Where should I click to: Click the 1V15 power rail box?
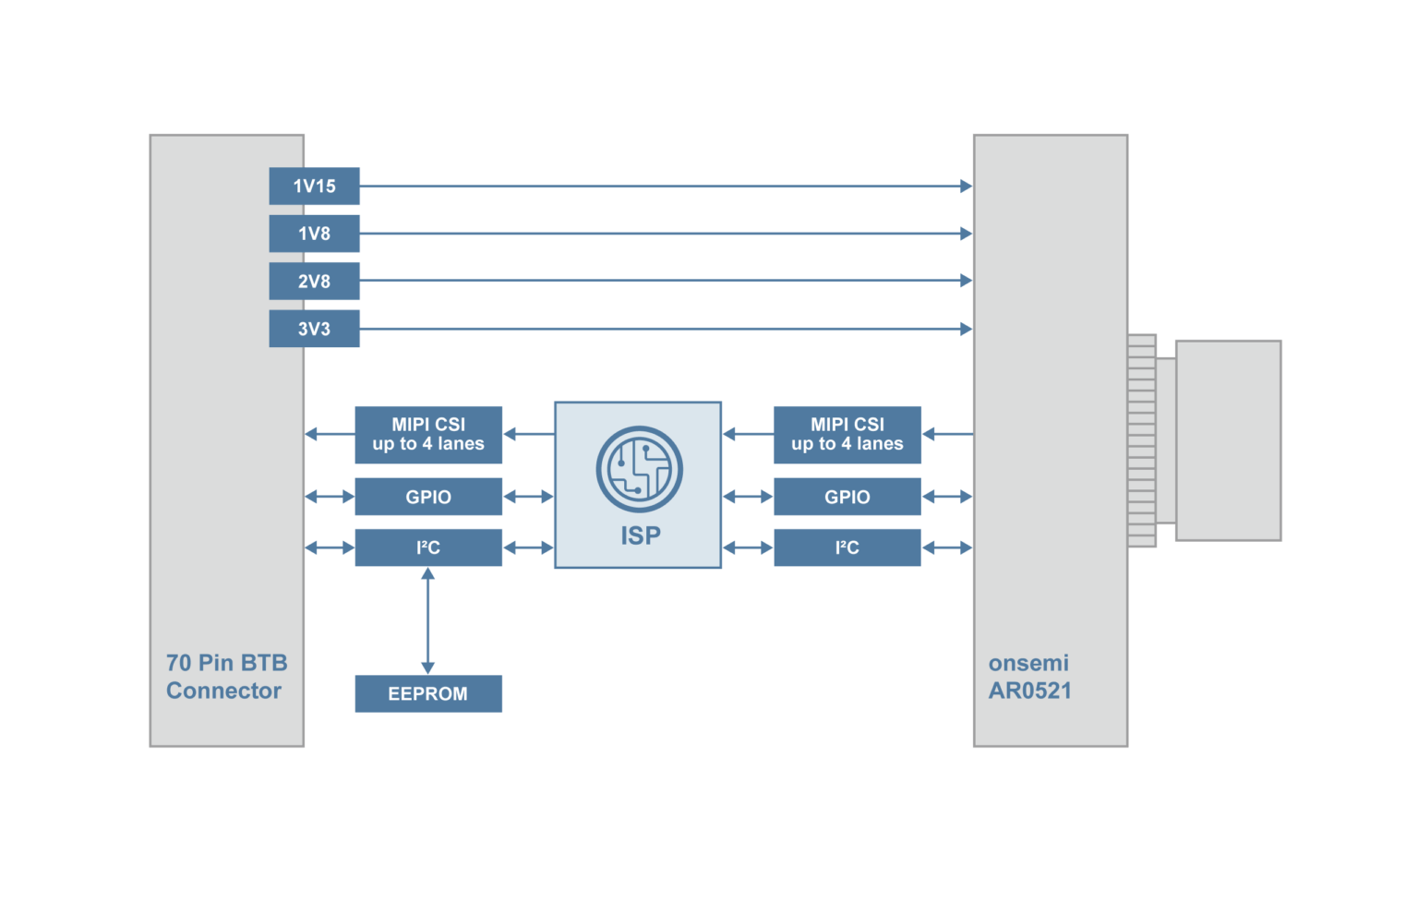314,186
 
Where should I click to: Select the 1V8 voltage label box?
314,234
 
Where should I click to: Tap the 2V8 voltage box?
314,282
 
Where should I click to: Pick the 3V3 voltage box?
314,329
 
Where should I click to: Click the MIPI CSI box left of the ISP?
428,434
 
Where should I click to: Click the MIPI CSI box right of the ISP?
847,434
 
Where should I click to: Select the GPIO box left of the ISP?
428,497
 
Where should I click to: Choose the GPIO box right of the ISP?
847,497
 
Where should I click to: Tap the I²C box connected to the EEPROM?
428,547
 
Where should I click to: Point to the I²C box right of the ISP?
847,547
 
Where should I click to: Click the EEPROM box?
428,693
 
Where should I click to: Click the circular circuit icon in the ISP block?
639,469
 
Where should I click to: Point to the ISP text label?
640,535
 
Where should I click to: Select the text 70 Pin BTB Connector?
226,677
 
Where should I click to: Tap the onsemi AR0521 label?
1029,677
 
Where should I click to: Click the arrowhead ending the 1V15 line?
966,186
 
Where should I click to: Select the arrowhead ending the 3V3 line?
966,329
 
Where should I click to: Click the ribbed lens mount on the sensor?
1142,440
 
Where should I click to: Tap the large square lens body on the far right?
1228,440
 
